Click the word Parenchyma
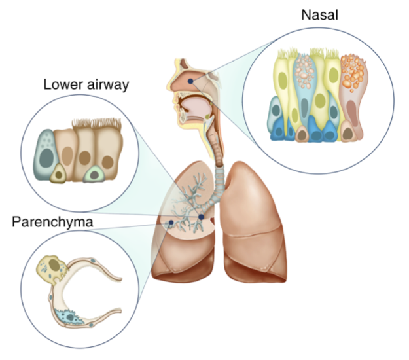pyautogui.click(x=52, y=223)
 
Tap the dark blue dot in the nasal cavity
pyautogui.click(x=190, y=80)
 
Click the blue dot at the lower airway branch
pyautogui.click(x=202, y=216)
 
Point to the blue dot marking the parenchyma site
pyautogui.click(x=171, y=223)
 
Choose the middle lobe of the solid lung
pyautogui.click(x=258, y=236)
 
